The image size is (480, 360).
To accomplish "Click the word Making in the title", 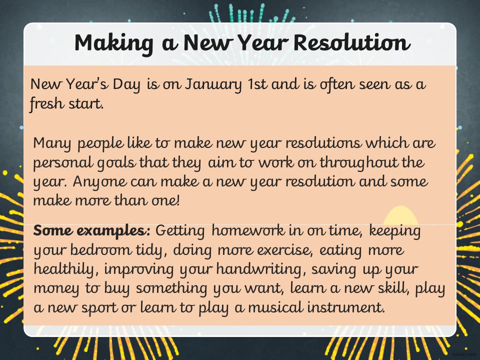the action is point(113,43).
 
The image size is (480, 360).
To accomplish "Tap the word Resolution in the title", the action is point(351,42).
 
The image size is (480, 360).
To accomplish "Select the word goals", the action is point(116,163).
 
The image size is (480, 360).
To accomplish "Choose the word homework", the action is point(248,230).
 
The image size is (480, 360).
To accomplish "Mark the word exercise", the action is point(284,250).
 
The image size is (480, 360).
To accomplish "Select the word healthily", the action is point(66,269).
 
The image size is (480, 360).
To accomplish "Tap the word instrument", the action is point(346,307).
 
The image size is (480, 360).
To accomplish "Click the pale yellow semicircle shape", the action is point(400,216).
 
